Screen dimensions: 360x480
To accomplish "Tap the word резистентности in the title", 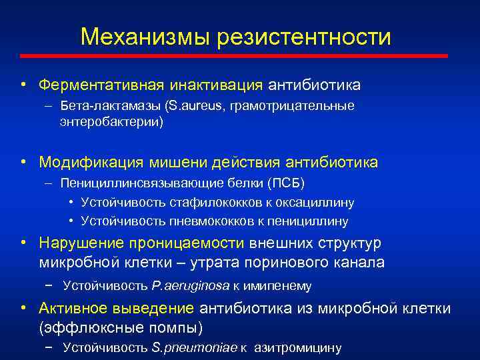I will pyautogui.click(x=303, y=37).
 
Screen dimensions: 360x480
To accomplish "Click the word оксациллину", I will pyautogui.click(x=317, y=202).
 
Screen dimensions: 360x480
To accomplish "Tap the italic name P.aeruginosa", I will pyautogui.click(x=190, y=286).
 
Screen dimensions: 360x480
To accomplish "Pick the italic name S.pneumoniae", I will pyautogui.click(x=194, y=347).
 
